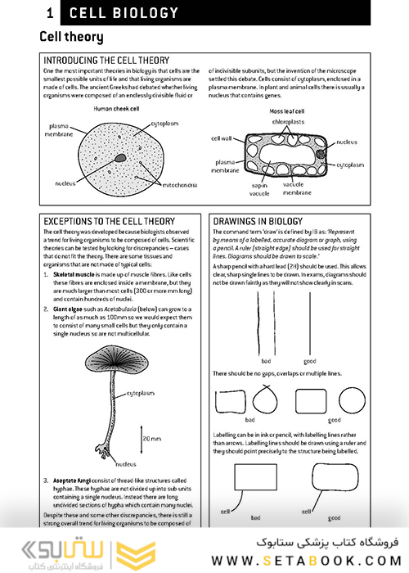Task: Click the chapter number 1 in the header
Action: pos(51,13)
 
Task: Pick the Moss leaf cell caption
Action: pos(289,111)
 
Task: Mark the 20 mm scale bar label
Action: pos(151,440)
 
